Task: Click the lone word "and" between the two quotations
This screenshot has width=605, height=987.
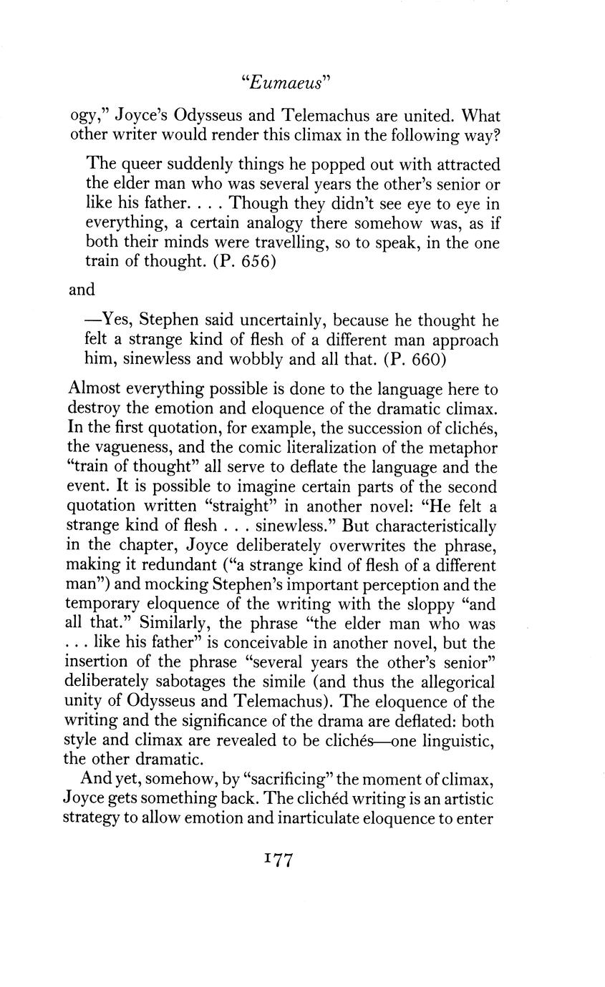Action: [x=82, y=290]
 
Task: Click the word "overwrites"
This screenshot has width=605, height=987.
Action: [x=331, y=545]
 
